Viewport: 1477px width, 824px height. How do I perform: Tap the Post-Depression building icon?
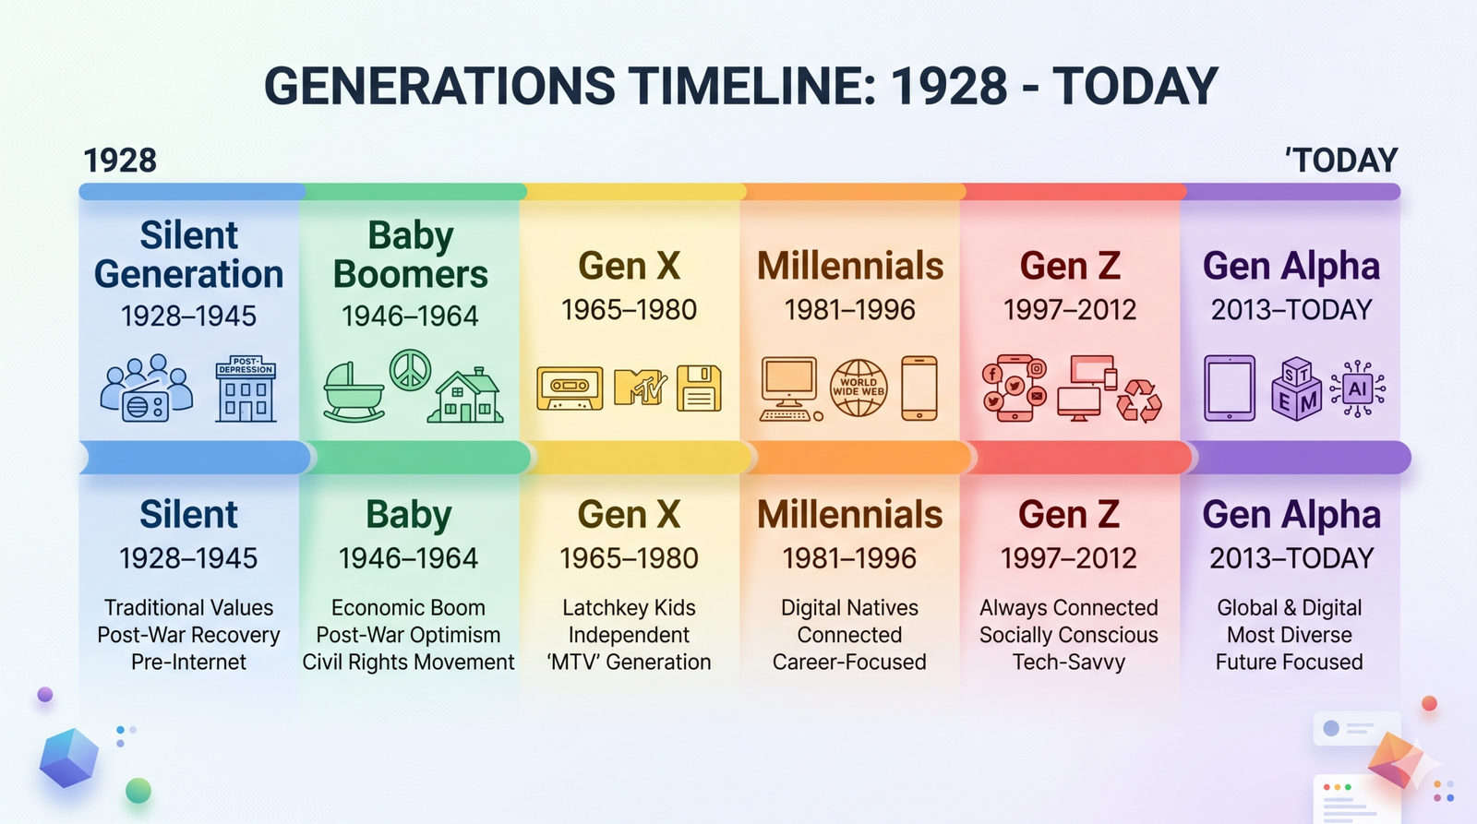(x=246, y=388)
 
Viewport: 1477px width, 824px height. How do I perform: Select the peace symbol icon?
(x=410, y=370)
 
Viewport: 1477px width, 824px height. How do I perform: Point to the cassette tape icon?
(x=570, y=388)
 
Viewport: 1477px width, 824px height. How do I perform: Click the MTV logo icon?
(x=640, y=387)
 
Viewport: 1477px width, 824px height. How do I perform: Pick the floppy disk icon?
(x=699, y=388)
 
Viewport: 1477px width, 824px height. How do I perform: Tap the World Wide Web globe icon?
(x=859, y=388)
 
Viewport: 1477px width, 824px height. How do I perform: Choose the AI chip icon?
(x=1358, y=388)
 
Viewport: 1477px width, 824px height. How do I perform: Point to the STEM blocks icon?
(x=1296, y=388)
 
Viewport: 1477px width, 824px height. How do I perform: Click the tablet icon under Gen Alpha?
(x=1230, y=388)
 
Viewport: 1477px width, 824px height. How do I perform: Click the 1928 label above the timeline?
(x=120, y=161)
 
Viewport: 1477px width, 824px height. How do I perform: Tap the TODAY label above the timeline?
(x=1342, y=161)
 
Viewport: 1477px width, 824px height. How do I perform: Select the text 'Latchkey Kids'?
(x=629, y=607)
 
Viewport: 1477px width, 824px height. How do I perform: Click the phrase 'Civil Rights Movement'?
(x=408, y=662)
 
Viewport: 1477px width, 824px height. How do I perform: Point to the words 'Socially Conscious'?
(x=1069, y=634)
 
